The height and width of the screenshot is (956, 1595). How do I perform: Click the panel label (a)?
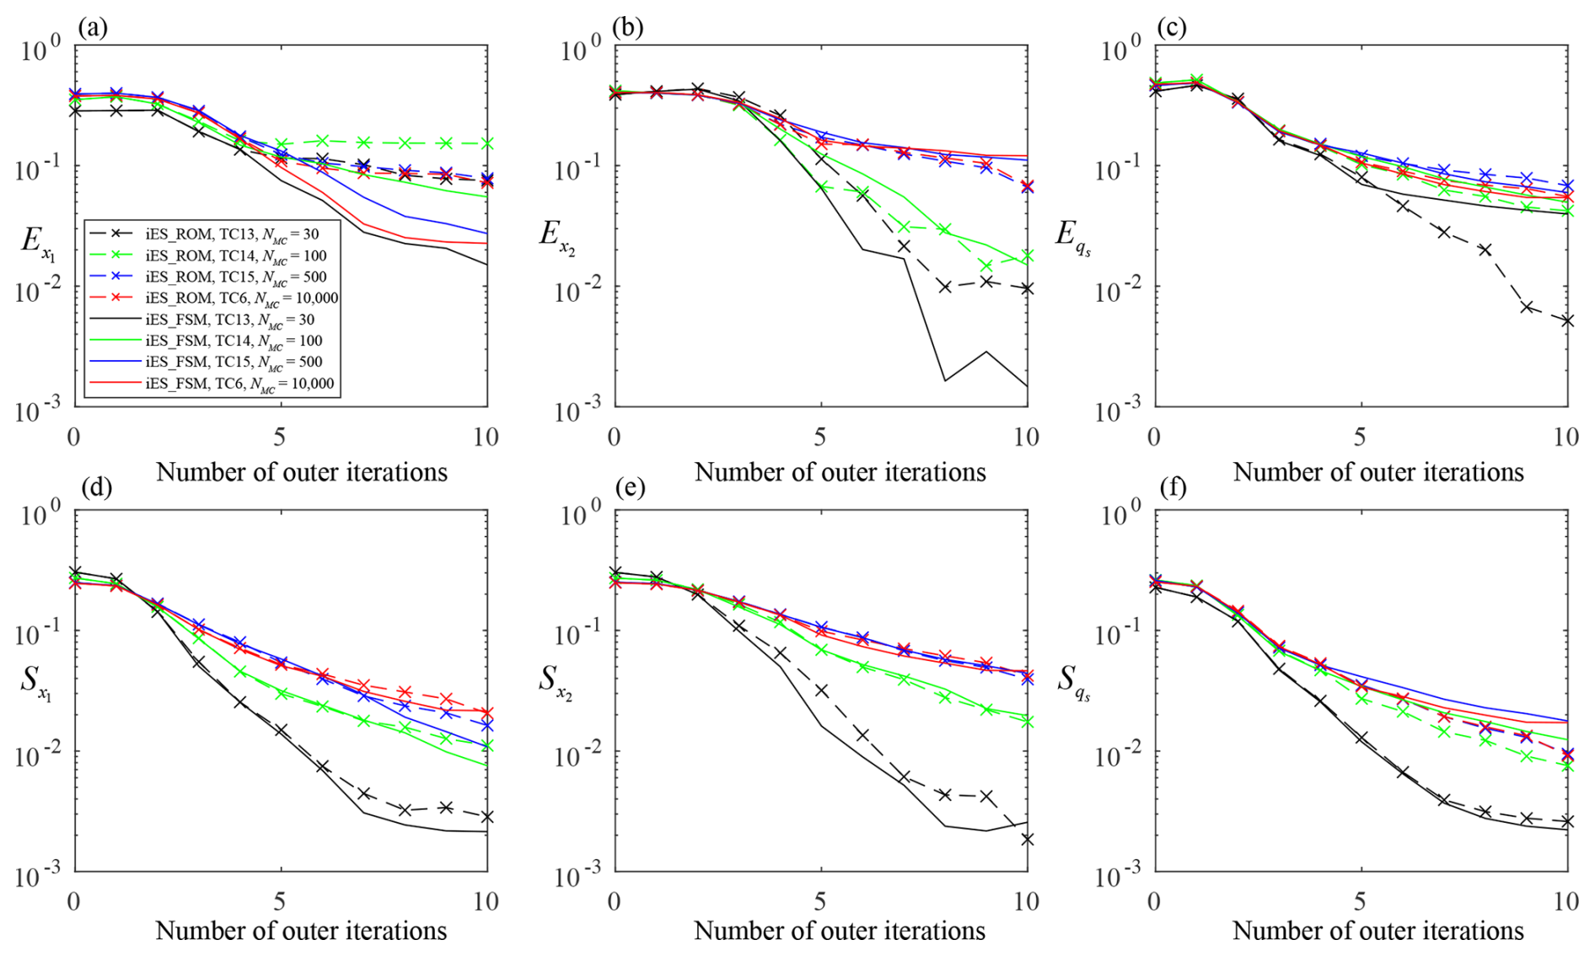[92, 28]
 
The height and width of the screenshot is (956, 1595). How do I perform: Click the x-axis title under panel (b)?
[840, 472]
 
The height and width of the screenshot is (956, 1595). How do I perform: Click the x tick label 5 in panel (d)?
[280, 901]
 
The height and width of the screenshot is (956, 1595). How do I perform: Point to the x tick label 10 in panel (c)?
[1565, 437]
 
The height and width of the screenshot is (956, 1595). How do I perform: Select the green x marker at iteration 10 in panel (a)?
[487, 143]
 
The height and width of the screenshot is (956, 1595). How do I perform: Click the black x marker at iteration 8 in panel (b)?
[945, 287]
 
